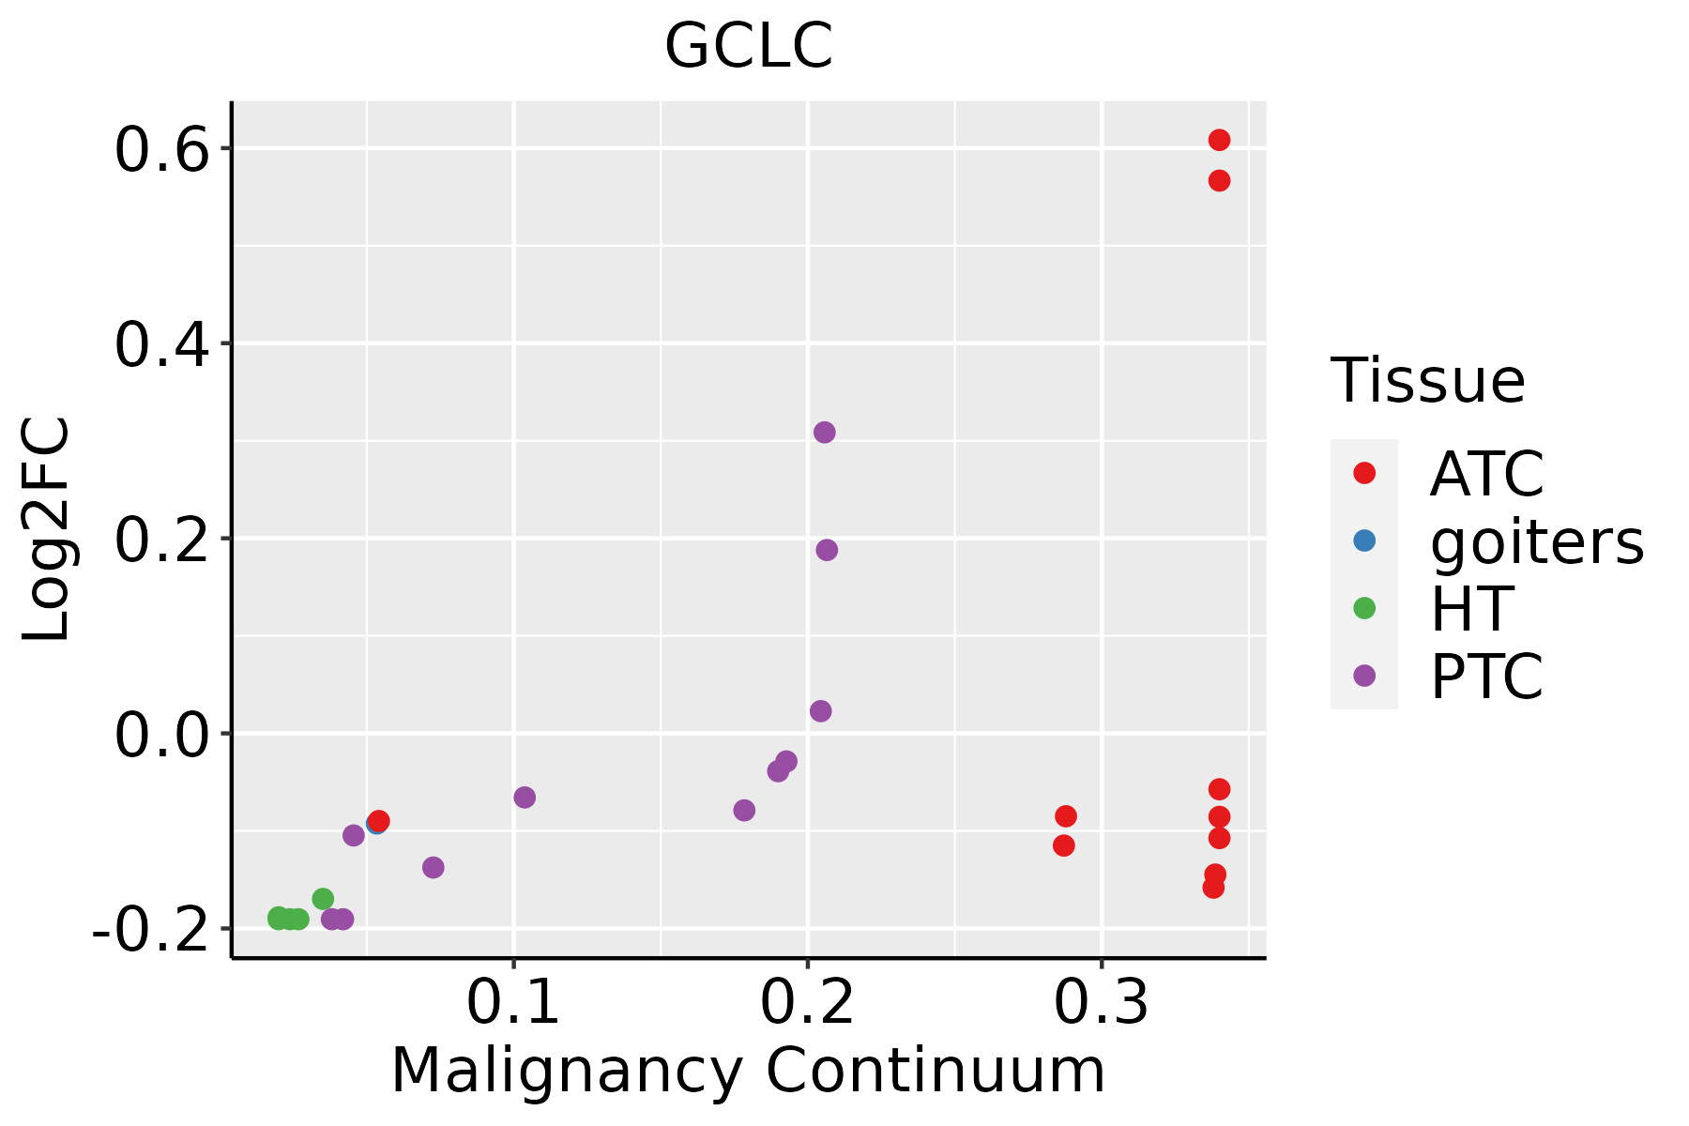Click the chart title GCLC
tap(749, 46)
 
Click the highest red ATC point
tap(1219, 140)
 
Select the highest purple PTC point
tap(824, 433)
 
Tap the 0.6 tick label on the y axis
tap(160, 151)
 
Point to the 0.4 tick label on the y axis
tap(160, 345)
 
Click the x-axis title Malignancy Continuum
tap(748, 1071)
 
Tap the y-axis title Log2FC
tap(47, 529)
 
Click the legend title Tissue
tap(1427, 381)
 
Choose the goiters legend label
tap(1536, 541)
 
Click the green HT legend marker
tap(1364, 608)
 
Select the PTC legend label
tap(1486, 677)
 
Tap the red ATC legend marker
tap(1364, 473)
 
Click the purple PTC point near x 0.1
tap(525, 798)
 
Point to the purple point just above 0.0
tap(820, 711)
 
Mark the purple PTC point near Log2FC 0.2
tap(827, 550)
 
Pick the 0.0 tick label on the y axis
tap(160, 736)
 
